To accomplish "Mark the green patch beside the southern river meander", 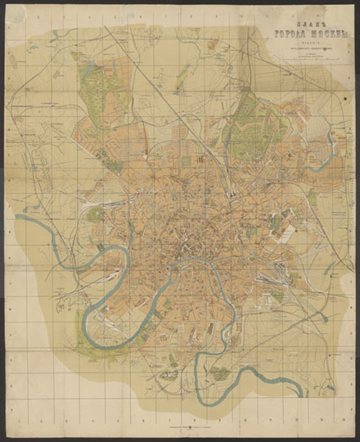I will click(x=218, y=373).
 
